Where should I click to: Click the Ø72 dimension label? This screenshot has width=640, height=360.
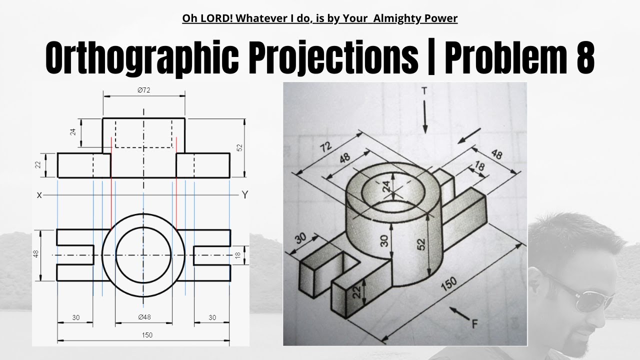coord(144,90)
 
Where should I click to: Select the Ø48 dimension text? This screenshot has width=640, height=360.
coord(144,317)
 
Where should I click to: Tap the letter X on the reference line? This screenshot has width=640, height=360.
coord(39,195)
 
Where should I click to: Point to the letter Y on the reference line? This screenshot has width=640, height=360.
coord(244,195)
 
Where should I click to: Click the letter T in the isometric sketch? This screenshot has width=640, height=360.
coord(424,91)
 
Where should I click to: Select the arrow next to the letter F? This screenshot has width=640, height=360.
coord(458,313)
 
